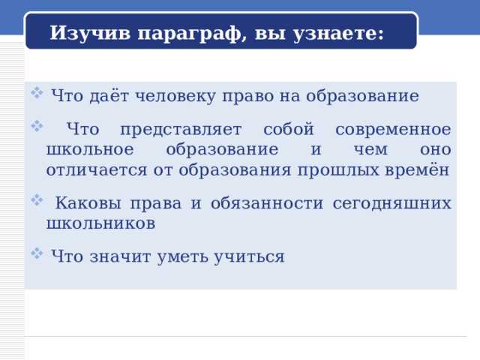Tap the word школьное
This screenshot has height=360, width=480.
(91, 149)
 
